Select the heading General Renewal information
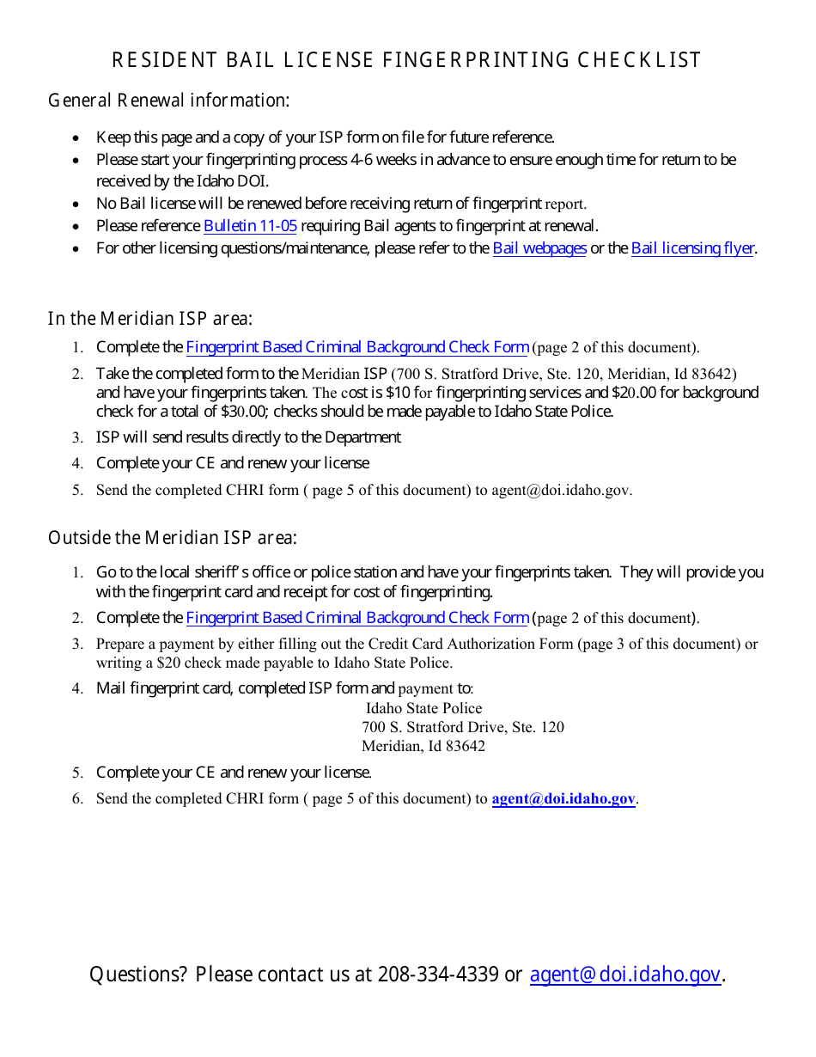[x=168, y=101]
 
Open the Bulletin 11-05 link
[x=250, y=226]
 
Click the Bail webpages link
[x=539, y=248]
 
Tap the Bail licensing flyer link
[x=692, y=248]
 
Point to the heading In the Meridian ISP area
[x=150, y=319]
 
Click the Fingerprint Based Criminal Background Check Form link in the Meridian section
[x=357, y=347]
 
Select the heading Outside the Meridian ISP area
[x=173, y=538]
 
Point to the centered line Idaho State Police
[x=424, y=708]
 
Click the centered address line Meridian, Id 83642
[x=423, y=746]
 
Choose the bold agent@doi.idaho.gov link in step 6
[x=563, y=798]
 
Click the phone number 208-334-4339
[x=438, y=975]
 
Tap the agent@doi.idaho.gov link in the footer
[x=624, y=975]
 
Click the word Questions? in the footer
[x=138, y=975]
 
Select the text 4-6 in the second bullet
[x=362, y=160]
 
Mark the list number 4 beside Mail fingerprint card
[x=77, y=688]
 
